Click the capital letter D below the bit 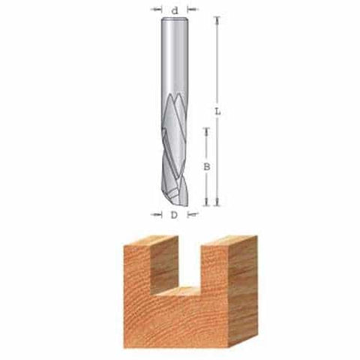point(173,216)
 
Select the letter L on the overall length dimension point(217,112)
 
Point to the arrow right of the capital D point(189,216)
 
